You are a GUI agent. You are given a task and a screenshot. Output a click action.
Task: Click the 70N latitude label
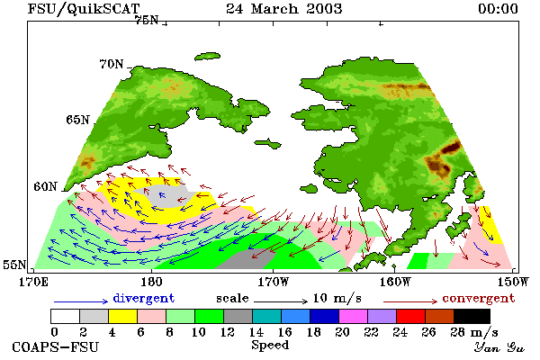(x=112, y=64)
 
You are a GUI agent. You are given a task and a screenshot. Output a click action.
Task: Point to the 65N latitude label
(x=77, y=120)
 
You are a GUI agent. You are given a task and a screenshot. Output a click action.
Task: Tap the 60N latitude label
(x=45, y=186)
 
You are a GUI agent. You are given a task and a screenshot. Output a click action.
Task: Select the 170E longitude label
(x=33, y=282)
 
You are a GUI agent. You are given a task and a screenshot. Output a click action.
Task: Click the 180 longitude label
(x=151, y=282)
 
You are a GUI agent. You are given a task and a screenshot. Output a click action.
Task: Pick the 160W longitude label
(x=395, y=282)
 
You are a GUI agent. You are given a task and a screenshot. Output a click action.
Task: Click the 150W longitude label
(x=513, y=282)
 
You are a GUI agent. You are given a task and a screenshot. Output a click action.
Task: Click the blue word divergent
(x=144, y=298)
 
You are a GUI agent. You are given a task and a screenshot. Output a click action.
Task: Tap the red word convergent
(x=479, y=298)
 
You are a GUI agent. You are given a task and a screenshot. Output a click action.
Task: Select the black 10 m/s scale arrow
(x=281, y=301)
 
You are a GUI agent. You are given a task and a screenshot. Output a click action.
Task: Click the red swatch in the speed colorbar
(x=411, y=316)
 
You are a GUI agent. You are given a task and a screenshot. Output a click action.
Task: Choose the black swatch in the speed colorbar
(x=472, y=316)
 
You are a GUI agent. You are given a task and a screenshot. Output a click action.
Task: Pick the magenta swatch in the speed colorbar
(x=354, y=316)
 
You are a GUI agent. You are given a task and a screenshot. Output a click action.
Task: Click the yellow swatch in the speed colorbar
(x=123, y=316)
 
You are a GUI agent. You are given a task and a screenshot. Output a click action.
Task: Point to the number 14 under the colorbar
(x=256, y=332)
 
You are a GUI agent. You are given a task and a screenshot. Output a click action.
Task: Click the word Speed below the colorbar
(x=270, y=346)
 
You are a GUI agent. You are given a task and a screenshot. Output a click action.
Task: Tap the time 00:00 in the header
(x=498, y=9)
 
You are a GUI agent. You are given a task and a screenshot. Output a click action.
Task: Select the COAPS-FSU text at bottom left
(x=56, y=346)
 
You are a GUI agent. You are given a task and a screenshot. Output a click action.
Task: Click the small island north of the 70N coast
(x=207, y=56)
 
